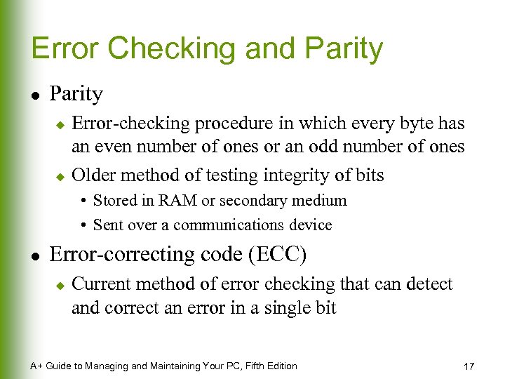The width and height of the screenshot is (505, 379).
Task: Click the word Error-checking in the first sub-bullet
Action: point(131,124)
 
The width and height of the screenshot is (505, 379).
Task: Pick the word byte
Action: point(402,124)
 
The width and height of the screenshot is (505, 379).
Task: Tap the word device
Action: point(311,225)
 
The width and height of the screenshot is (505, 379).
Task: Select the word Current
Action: point(101,284)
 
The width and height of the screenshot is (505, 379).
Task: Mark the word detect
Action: point(429,284)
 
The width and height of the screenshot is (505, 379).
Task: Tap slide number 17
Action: point(469,366)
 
